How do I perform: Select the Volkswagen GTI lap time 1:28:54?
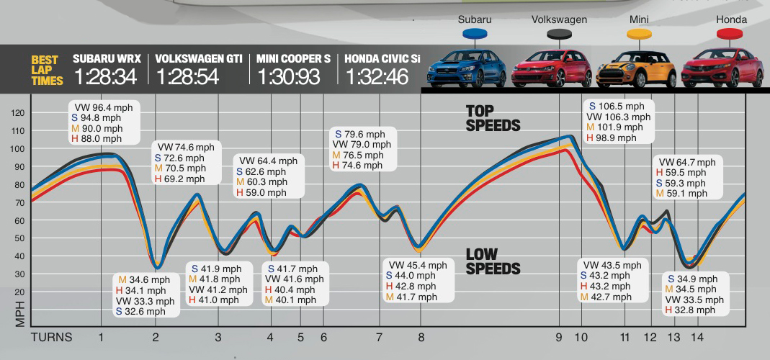[x=187, y=76]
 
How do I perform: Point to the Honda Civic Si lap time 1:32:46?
[x=377, y=76]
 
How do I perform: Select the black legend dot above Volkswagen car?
[x=559, y=34]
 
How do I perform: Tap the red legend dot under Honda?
[x=730, y=34]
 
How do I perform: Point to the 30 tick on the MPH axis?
[x=19, y=274]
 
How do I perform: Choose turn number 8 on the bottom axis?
[x=421, y=337]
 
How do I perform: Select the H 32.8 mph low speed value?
[x=690, y=310]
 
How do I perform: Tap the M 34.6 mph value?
[x=144, y=279]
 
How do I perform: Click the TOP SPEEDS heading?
[x=493, y=118]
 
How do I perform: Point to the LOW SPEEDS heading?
[x=493, y=261]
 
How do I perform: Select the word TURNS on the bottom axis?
[x=52, y=337]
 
